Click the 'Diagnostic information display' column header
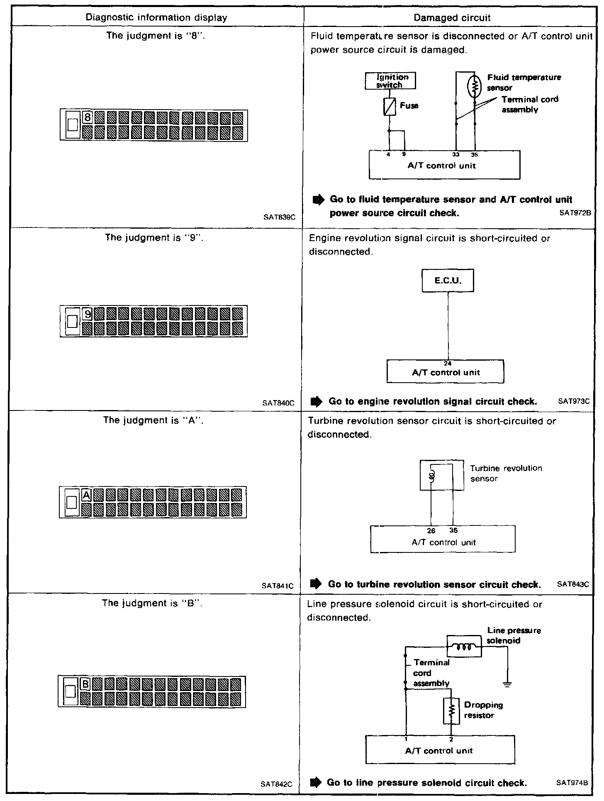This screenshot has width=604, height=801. [x=156, y=17]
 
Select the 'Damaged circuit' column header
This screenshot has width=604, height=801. [x=452, y=17]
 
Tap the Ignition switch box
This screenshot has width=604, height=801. [x=390, y=81]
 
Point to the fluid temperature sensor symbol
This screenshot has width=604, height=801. [x=475, y=85]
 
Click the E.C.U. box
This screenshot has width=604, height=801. [x=448, y=281]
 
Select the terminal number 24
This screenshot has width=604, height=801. [x=448, y=363]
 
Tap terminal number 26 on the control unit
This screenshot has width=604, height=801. [x=431, y=530]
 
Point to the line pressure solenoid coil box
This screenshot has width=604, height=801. [x=464, y=646]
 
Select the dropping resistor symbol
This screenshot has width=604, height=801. [x=452, y=711]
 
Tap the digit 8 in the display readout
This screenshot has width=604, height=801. [x=88, y=118]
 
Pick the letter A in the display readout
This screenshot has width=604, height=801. [x=86, y=495]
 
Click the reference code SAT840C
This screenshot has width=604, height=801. [x=278, y=403]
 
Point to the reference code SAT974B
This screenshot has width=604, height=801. [x=573, y=783]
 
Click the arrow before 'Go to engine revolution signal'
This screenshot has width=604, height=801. [x=317, y=401]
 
